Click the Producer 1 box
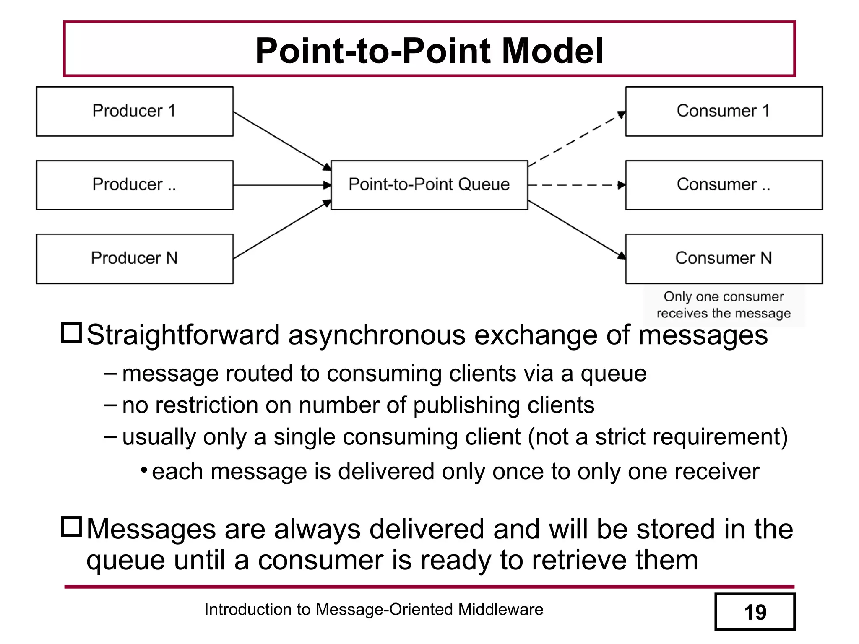pyautogui.click(x=134, y=112)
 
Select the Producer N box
pyautogui.click(x=134, y=259)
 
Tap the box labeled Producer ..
pyautogui.click(x=134, y=185)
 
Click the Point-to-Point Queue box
pyautogui.click(x=429, y=185)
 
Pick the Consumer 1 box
pyautogui.click(x=724, y=112)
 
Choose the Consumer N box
pyautogui.click(x=724, y=259)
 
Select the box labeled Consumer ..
pyautogui.click(x=724, y=185)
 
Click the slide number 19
pyautogui.click(x=755, y=612)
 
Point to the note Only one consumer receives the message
pyautogui.click(x=724, y=305)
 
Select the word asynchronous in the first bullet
pyautogui.click(x=377, y=335)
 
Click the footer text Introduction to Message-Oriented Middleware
pyautogui.click(x=373, y=609)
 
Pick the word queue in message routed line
pyautogui.click(x=613, y=374)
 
